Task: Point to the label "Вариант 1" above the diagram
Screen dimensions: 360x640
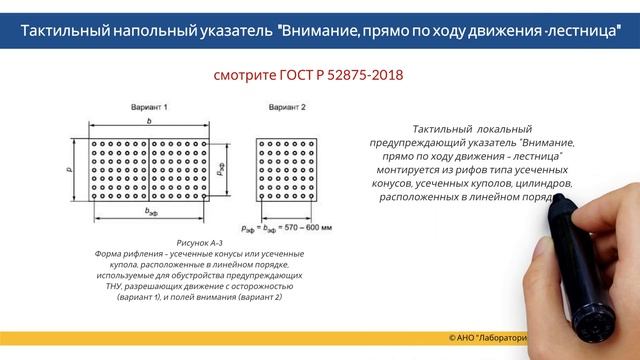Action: [148, 106]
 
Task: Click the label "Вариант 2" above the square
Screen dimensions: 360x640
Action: [287, 106]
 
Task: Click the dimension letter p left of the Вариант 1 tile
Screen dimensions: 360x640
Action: [68, 170]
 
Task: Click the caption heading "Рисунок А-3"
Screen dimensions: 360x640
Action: [201, 243]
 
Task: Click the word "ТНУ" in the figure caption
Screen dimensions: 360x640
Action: [108, 286]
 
